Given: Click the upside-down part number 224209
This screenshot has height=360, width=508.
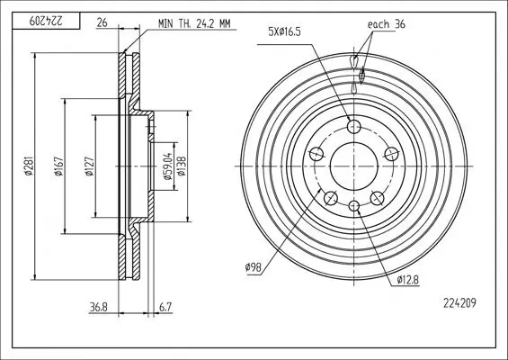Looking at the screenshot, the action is [46, 21].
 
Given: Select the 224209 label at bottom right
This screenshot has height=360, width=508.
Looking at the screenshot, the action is [459, 303].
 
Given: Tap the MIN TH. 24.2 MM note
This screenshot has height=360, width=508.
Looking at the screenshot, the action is [194, 23].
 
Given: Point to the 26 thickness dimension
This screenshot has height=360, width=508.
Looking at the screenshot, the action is [102, 23].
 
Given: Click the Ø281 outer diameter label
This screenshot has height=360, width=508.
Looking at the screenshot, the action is [29, 166].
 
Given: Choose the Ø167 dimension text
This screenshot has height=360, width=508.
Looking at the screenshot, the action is [58, 166].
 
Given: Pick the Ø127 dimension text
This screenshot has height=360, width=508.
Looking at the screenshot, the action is [89, 166].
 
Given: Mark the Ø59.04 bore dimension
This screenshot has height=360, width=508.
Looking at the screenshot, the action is [167, 166].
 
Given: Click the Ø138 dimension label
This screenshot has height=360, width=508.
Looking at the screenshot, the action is [182, 166].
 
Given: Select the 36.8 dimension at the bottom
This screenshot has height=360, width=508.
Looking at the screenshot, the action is [99, 307].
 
